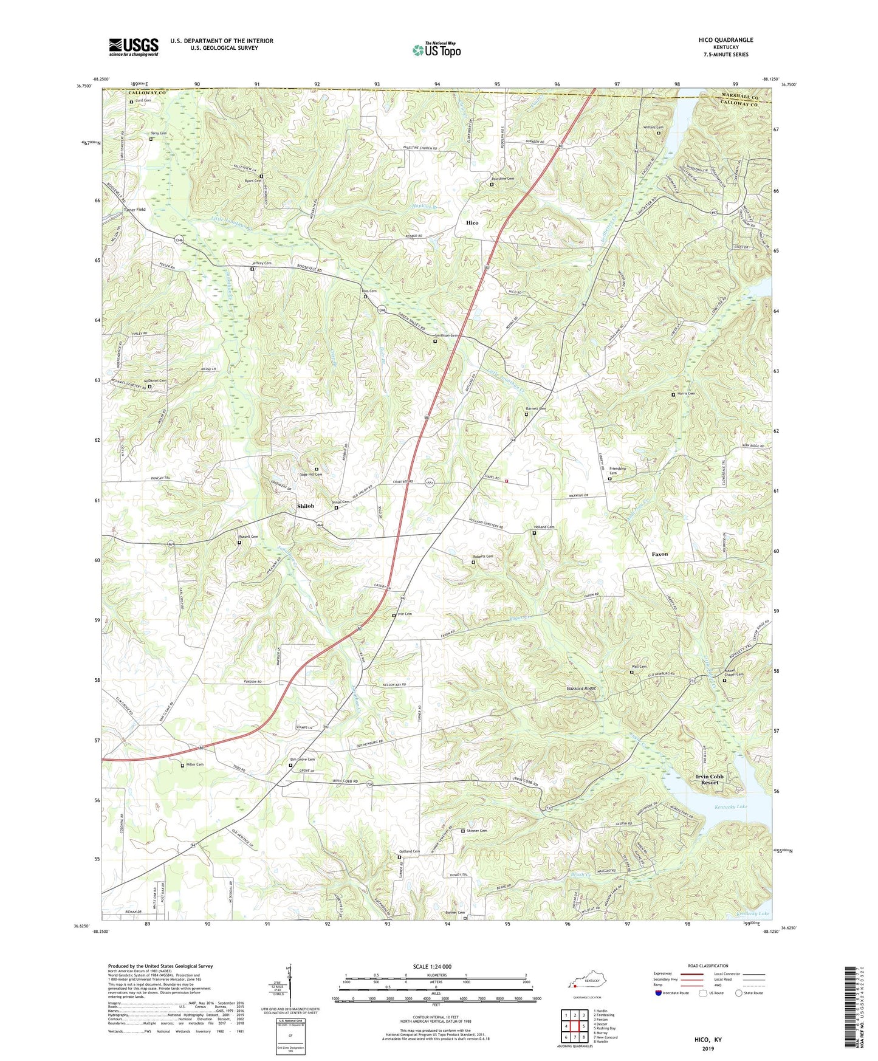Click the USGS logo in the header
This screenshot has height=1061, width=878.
134,47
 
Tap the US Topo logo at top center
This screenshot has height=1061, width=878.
436,50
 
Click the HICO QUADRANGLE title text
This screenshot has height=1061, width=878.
725,40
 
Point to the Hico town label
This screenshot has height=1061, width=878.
472,223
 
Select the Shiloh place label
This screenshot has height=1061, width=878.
306,506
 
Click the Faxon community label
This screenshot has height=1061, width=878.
660,554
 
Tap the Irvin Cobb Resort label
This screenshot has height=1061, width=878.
710,780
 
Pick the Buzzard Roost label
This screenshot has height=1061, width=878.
581,688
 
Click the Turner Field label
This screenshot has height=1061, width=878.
134,210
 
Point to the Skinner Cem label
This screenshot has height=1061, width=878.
477,831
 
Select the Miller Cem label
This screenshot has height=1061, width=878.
195,764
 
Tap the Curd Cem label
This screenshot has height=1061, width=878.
143,101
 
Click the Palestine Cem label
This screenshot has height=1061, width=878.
506,179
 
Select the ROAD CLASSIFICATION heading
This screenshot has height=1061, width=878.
708,966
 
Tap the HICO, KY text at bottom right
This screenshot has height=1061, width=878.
708,1040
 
